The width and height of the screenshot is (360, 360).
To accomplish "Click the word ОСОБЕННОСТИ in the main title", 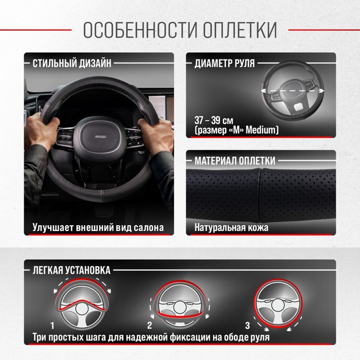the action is (140, 30).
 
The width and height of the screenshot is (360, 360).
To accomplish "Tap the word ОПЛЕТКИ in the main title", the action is (240, 30).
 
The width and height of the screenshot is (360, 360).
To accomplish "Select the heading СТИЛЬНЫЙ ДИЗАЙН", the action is (72, 63).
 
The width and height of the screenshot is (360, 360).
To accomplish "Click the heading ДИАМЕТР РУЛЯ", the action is (225, 63).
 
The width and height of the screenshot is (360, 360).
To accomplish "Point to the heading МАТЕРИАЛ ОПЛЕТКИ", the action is (235, 160).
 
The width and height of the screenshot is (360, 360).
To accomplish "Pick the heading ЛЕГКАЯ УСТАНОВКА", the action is (71, 270).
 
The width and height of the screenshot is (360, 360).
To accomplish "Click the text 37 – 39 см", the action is (214, 120).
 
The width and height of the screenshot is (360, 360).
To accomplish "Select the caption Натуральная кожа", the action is (231, 228).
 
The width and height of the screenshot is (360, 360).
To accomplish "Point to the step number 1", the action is (52, 326).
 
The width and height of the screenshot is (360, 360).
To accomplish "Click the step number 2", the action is (150, 326).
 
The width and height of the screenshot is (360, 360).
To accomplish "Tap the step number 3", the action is (247, 326).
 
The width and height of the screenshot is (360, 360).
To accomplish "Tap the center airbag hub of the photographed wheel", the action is (100, 136).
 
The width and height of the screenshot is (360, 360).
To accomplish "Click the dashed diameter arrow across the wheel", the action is (293, 91).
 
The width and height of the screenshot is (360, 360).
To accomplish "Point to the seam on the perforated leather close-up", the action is (260, 195).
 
